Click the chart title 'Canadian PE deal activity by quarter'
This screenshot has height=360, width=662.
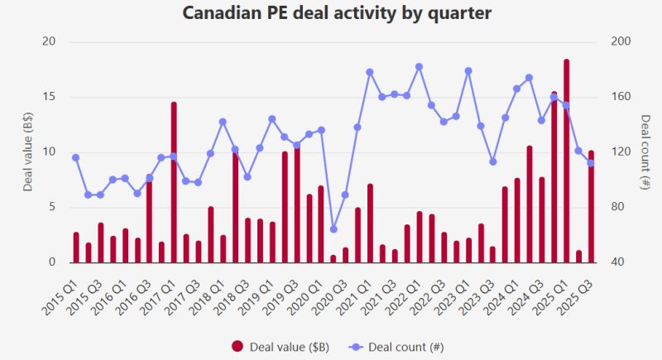[337, 12]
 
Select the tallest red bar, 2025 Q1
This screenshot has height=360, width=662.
[566, 161]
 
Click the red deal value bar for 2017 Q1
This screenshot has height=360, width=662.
[174, 182]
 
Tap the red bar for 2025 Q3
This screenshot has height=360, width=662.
[591, 206]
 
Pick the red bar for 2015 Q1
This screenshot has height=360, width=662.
[76, 247]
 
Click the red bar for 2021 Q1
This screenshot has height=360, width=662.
[370, 223]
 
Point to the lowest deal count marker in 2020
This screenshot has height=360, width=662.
[333, 229]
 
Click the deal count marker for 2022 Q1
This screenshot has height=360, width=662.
[420, 67]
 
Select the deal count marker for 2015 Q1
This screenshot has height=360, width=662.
[75, 157]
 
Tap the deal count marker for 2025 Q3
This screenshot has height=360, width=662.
[591, 163]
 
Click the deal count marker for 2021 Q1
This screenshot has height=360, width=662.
[370, 72]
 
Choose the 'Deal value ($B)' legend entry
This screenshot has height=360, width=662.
[281, 347]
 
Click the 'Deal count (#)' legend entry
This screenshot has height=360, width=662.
[396, 347]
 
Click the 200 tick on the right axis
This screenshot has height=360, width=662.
[621, 41]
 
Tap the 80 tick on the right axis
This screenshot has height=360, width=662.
[617, 207]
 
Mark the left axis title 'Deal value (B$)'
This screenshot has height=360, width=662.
[27, 151]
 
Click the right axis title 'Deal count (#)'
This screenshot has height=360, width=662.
[645, 152]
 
